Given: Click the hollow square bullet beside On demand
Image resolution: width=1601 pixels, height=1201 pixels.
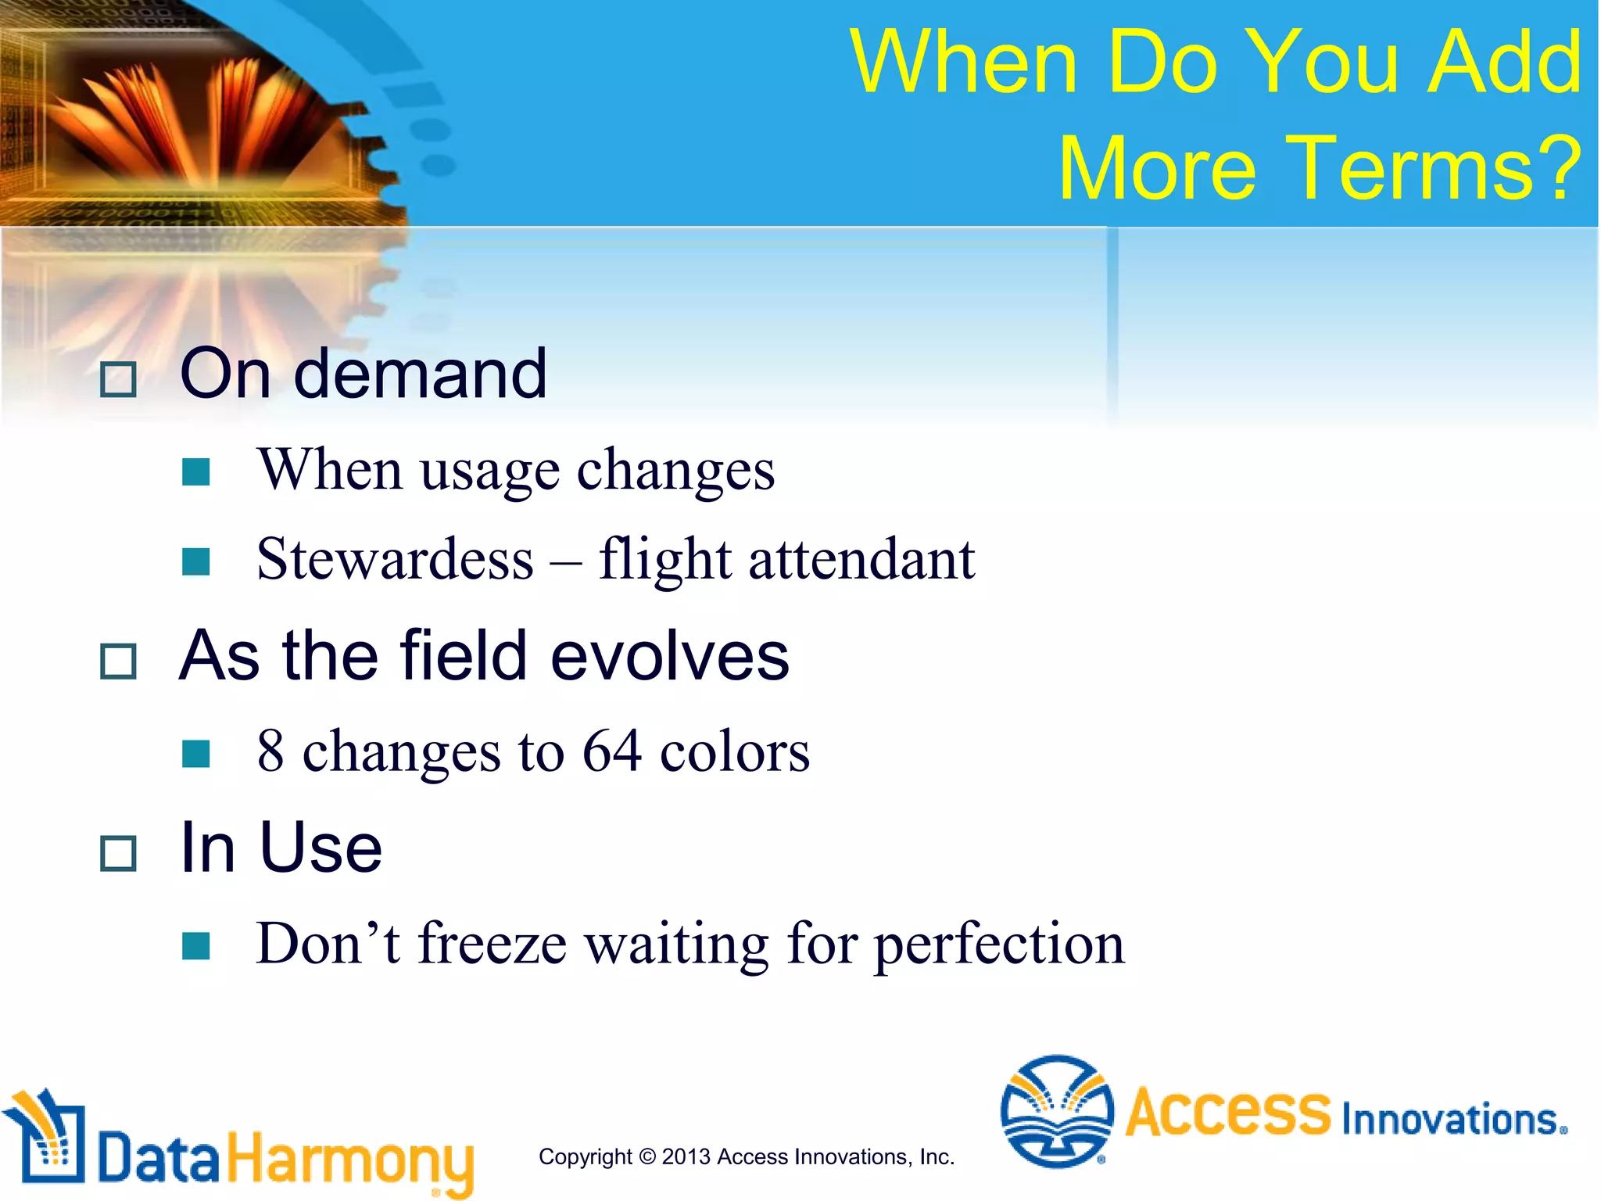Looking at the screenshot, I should click(x=119, y=379).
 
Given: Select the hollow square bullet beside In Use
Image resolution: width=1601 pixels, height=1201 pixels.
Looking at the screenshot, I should click(x=119, y=853).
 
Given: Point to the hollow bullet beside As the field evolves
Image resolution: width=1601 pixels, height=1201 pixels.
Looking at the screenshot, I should click(x=119, y=661).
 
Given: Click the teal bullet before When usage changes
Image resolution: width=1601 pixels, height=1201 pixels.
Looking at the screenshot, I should click(x=195, y=472).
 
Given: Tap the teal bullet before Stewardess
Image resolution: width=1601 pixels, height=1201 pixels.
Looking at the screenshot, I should click(x=195, y=561).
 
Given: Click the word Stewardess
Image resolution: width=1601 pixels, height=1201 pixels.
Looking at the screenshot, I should click(x=395, y=560).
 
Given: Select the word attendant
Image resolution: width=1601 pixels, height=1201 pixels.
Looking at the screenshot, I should click(x=861, y=560).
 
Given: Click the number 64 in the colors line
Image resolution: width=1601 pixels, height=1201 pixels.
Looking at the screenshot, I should click(x=612, y=751).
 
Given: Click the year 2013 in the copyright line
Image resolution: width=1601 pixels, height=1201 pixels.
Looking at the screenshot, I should click(x=686, y=1156).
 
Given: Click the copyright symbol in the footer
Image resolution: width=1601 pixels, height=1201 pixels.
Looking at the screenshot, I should click(x=646, y=1156).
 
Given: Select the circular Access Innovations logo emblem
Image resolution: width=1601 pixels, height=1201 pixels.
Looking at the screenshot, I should click(x=1057, y=1111).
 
